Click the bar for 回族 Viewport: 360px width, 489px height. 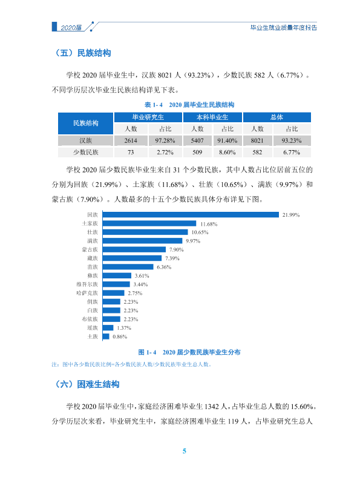[x=191, y=215]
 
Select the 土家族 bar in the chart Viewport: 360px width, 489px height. [x=149, y=223]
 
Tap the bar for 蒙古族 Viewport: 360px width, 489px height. [x=134, y=249]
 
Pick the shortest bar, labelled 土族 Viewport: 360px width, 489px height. [x=106, y=336]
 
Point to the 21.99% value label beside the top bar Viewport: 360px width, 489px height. [x=291, y=215]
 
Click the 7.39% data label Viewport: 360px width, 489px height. [x=172, y=258]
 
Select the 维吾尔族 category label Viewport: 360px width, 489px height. [x=87, y=284]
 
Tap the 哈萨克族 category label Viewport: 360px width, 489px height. [x=87, y=293]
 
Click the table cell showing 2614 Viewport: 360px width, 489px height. [x=131, y=140]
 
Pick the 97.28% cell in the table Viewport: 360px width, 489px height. [x=165, y=140]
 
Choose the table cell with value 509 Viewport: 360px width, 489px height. [x=197, y=152]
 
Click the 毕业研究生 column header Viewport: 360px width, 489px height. [x=148, y=117]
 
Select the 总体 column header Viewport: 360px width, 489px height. [x=277, y=117]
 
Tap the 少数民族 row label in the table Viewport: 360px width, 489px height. [x=86, y=152]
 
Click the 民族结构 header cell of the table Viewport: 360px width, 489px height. [x=86, y=123]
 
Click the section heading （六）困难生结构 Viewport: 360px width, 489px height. [x=87, y=384]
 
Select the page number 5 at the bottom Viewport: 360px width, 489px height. [x=184, y=451]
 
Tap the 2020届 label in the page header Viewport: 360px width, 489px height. [x=71, y=28]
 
